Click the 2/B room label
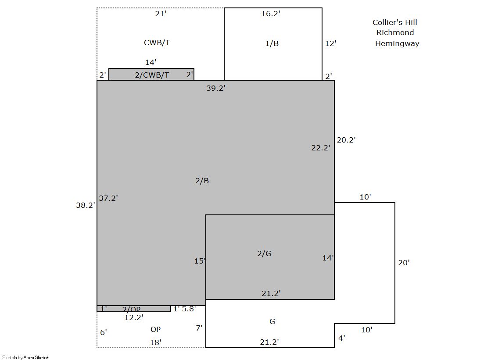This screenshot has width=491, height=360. (202, 181)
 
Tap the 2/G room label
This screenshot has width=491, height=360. (264, 253)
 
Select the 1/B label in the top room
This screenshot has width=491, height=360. (272, 43)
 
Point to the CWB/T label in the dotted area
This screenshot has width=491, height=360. (157, 43)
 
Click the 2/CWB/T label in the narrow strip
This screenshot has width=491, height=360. (152, 75)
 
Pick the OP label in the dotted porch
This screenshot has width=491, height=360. (156, 329)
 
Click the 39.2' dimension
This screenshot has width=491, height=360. (216, 88)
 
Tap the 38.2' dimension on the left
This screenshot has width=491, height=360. (86, 205)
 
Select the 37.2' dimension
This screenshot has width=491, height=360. (108, 198)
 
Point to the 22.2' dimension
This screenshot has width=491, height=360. (321, 148)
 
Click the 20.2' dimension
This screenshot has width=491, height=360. (346, 140)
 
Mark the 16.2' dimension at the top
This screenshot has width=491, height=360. (271, 14)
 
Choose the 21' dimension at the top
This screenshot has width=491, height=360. (161, 14)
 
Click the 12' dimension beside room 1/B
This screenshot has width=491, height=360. (331, 43)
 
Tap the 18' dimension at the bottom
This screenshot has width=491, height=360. (156, 342)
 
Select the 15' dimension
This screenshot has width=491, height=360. (200, 261)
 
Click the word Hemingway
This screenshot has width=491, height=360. (397, 43)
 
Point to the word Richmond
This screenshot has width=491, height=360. (395, 32)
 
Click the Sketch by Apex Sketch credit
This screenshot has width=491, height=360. (26, 357)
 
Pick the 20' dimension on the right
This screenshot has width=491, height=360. (404, 263)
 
